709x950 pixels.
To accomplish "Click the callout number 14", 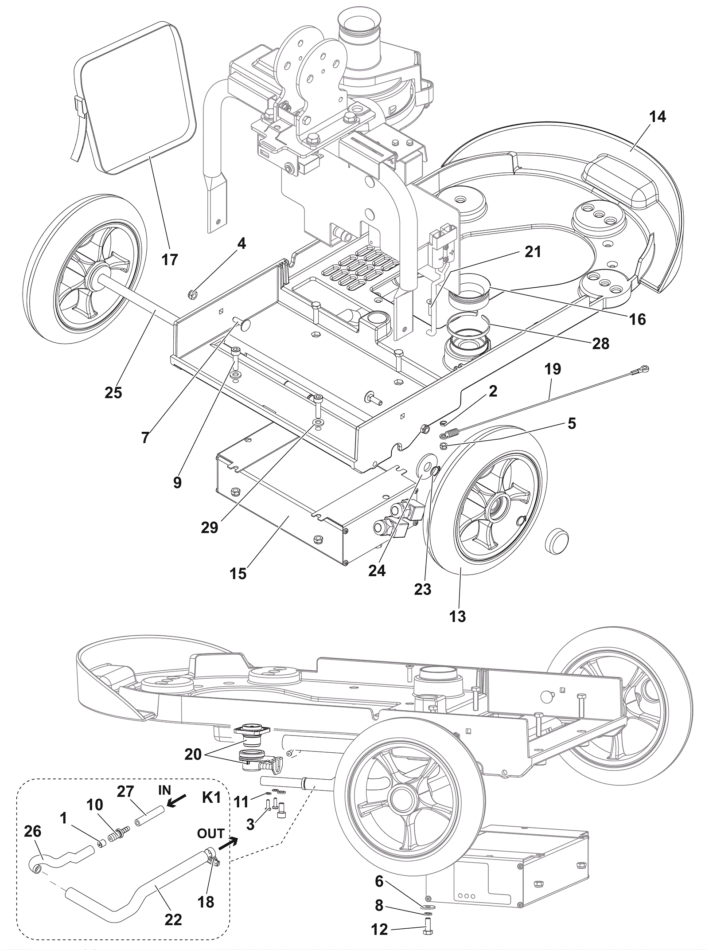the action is [658, 117].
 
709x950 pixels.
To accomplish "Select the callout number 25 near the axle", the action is [113, 392].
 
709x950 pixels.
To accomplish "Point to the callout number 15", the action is [238, 573].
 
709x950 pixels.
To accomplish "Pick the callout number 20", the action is [193, 754].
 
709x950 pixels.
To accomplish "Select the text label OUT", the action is [210, 833].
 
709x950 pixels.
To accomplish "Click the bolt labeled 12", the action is [427, 926].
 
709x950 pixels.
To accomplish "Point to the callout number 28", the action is [600, 343].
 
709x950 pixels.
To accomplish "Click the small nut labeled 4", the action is [192, 293].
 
